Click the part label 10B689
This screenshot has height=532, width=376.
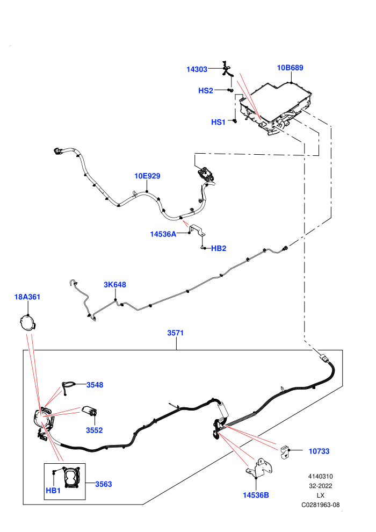point(290,68)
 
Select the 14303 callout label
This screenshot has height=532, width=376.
point(197,69)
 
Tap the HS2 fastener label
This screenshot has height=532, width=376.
point(206,91)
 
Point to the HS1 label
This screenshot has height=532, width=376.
point(218,122)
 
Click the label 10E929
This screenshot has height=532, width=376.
point(147,176)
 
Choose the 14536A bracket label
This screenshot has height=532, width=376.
point(163,234)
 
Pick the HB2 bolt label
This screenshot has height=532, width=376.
point(219,248)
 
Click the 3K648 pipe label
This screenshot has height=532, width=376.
point(114,285)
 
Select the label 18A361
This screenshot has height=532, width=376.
point(27,297)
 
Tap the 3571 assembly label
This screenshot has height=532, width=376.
point(175,333)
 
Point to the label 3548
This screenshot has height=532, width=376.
point(95,385)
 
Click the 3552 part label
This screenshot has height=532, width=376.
point(94,430)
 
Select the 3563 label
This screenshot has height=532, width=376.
point(104,484)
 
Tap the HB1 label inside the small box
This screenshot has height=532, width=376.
point(53,491)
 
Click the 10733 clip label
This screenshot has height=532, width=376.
point(319,451)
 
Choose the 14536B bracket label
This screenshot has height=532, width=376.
point(256,495)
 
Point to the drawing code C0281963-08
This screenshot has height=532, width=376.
point(320,505)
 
